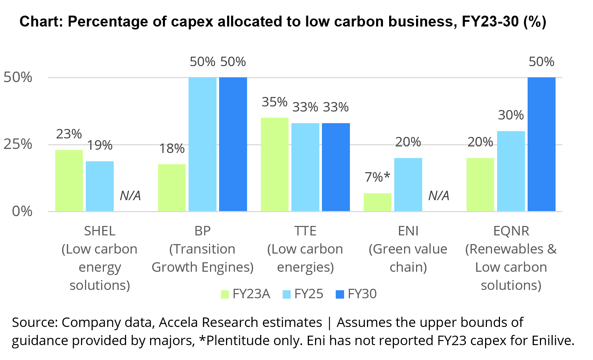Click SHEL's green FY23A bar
(69, 181)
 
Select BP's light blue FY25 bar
(202, 144)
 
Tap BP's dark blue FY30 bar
(233, 144)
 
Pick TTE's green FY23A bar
(274, 164)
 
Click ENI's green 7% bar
(377, 202)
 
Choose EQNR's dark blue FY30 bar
(541, 144)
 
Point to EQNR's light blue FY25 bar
(511, 171)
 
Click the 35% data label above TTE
(274, 102)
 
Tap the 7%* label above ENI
(377, 177)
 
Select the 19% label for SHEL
(100, 145)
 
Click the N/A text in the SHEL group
(130, 196)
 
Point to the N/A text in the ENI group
(439, 196)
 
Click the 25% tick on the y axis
(18, 144)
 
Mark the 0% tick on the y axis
(22, 211)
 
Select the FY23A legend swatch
(225, 294)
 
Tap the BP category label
(202, 231)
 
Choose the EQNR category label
(511, 231)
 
